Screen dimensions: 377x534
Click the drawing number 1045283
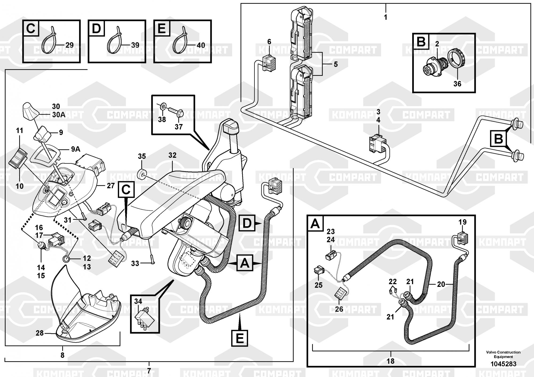click(x=503, y=364)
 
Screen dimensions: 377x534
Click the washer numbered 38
click(x=162, y=108)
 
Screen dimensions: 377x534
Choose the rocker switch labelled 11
click(x=18, y=159)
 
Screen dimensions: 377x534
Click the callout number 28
click(x=40, y=333)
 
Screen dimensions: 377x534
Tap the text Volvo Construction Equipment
click(x=503, y=354)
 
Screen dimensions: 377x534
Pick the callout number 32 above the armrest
click(x=172, y=155)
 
